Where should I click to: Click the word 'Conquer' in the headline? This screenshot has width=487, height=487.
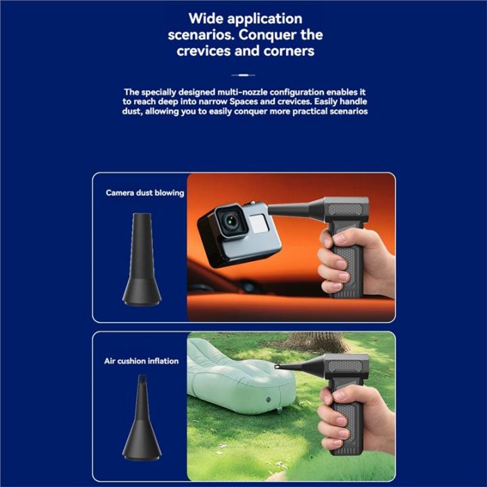pos(267,35)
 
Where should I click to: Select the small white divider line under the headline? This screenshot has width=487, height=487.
pos(243,75)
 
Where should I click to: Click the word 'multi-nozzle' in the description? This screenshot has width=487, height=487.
pos(243,92)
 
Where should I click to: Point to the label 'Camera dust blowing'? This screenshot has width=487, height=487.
pos(145,193)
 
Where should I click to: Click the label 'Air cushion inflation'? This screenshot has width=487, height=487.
pos(141,361)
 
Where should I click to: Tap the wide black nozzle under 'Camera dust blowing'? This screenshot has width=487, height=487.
pos(141,259)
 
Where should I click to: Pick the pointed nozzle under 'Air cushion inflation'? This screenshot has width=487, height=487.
pos(141,417)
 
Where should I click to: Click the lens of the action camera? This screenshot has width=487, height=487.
pos(231,221)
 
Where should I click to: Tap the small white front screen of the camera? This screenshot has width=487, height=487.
pos(258,223)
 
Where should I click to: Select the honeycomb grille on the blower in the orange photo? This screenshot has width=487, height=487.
pos(346,209)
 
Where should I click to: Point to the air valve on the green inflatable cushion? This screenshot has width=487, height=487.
pos(269,400)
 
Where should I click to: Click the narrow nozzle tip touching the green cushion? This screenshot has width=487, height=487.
pos(277,367)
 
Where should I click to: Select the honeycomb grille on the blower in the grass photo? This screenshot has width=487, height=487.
pos(346,366)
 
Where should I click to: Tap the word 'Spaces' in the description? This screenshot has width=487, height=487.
pos(243,102)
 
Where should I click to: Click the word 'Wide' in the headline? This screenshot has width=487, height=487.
pos(206,18)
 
